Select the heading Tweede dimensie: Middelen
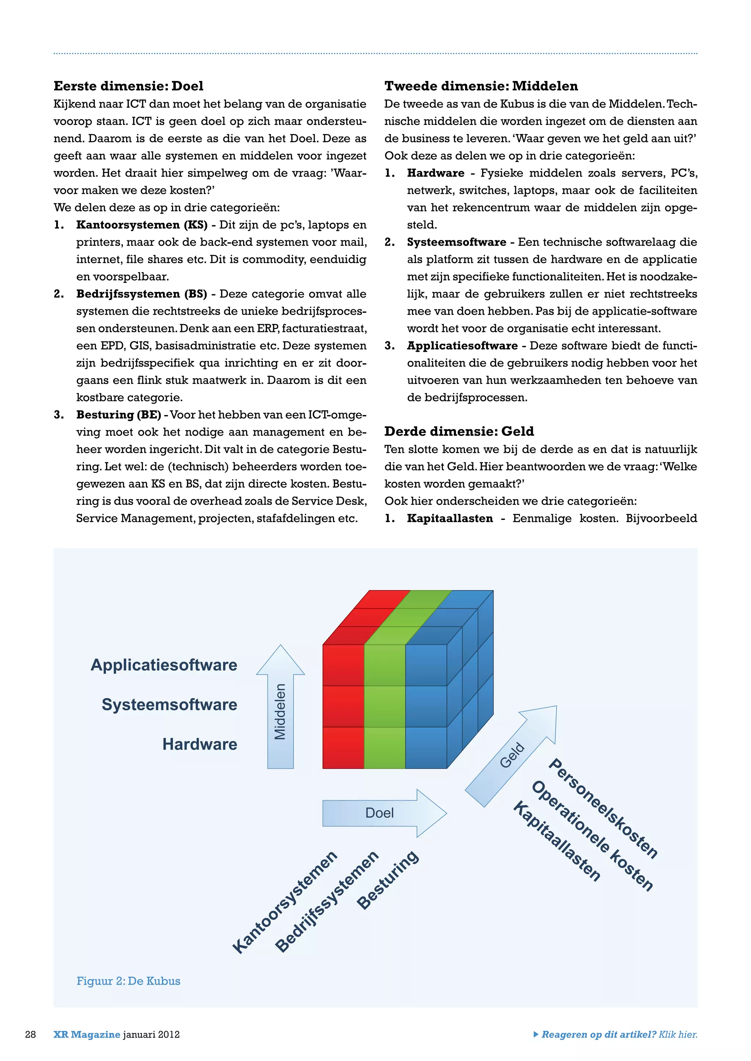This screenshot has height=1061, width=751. pos(481,86)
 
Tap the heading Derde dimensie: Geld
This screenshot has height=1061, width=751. pos(459,431)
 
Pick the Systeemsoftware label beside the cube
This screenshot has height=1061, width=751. pos(169,705)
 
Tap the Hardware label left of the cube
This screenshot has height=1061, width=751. pos(199,744)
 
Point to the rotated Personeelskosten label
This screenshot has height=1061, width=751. pos(603,809)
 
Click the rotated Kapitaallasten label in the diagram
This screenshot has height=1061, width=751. pos(557,842)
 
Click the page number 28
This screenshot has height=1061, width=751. pos(30,1034)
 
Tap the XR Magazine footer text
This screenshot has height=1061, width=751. pos(87,1034)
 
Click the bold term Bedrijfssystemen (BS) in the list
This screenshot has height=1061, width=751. pos(142,294)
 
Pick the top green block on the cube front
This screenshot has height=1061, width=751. pos(385,665)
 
